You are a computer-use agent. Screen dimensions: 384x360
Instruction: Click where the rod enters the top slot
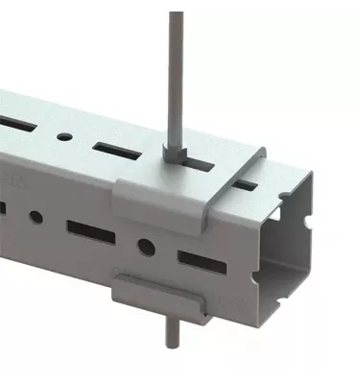176,158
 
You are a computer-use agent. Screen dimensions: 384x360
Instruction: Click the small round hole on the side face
35,216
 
